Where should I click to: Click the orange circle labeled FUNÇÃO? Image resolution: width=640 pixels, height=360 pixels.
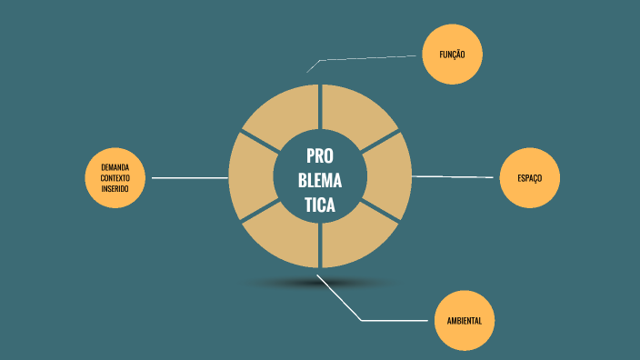tap(452, 55)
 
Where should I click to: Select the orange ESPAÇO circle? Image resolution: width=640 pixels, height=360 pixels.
tap(530, 177)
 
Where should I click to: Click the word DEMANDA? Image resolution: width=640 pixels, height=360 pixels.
tap(115, 167)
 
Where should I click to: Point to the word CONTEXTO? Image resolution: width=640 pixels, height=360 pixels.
tap(115, 178)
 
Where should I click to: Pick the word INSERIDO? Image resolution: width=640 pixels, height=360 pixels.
tap(115, 188)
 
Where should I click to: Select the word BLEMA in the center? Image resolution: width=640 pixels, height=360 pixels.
tap(320, 179)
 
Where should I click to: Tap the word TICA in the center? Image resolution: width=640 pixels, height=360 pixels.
tap(320, 205)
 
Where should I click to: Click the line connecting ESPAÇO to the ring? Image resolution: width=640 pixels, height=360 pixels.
tap(455, 176)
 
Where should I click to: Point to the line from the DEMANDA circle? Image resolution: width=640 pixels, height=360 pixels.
tap(189, 178)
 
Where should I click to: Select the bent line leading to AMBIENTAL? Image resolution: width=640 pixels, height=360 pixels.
tap(382, 320)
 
